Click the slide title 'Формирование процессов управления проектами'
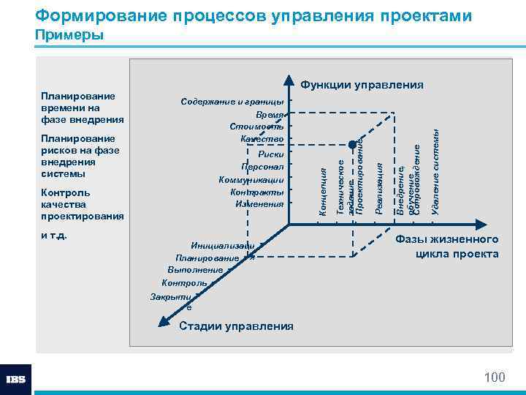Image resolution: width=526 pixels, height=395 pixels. click(253, 15)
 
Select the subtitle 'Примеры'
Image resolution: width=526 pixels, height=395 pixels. click(69, 35)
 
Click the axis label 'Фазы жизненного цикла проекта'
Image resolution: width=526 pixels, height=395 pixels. click(447, 247)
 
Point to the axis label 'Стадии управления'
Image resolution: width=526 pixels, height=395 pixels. click(236, 326)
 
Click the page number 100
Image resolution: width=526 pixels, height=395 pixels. click(495, 377)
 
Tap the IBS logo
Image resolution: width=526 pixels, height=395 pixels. click(15, 380)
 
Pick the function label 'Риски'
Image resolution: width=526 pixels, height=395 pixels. click(270, 154)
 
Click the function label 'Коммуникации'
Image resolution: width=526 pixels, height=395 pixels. click(251, 179)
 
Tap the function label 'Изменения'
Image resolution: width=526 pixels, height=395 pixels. click(259, 204)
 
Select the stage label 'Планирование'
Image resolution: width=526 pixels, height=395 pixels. click(207, 257)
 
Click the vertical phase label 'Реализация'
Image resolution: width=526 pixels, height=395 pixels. click(378, 190)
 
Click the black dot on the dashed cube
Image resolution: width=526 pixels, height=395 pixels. click(351, 143)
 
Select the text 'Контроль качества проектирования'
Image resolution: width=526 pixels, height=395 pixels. click(83, 205)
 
